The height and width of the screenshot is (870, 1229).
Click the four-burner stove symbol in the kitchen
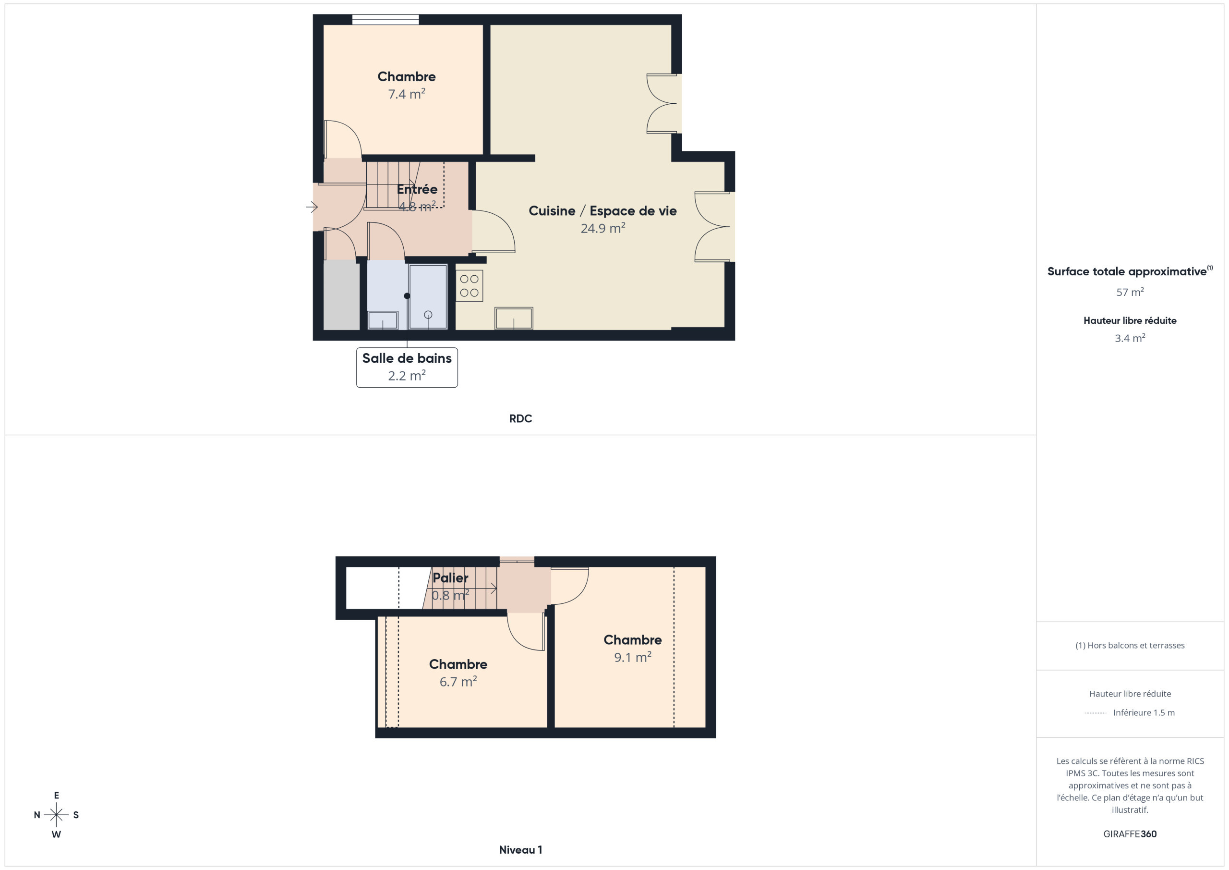pos(470,285)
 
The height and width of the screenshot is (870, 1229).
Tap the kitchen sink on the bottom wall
pos(514,318)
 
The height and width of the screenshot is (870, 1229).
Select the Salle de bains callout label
pos(407,367)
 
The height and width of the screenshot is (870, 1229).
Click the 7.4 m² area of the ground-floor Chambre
pos(407,94)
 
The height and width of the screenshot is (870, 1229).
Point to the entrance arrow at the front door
pos(312,207)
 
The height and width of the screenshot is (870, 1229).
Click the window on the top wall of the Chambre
pos(386,20)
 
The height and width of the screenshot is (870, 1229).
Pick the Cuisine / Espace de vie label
pos(602,211)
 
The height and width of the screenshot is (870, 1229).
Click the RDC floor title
pos(520,418)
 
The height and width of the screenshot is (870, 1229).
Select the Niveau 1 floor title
pos(520,850)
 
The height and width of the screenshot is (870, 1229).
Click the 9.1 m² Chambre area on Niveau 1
pos(633,657)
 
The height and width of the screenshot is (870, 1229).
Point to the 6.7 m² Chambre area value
pos(458,681)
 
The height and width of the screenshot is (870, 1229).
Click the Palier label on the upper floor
pos(450,578)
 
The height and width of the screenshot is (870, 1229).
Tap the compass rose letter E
pos(56,796)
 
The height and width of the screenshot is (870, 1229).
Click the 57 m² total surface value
pos(1130,292)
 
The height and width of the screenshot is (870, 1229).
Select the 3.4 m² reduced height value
pos(1130,338)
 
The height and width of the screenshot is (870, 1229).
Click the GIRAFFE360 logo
pos(1130,834)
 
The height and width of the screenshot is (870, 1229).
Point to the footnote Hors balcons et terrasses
pos(1130,646)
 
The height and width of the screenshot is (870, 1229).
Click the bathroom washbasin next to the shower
pos(383,320)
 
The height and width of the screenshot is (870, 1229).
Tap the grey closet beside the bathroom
pos(341,294)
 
